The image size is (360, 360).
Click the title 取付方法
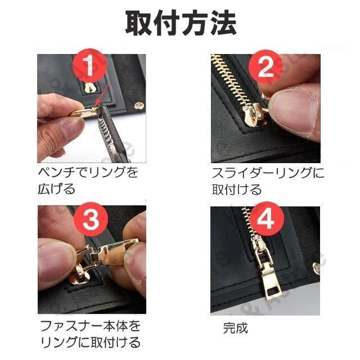(181, 24)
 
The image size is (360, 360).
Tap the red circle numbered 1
(90, 65)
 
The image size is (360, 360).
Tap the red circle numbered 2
(265, 66)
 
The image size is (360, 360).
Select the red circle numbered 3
(91, 219)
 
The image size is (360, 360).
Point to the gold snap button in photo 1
(139, 106)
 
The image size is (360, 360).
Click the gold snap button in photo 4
(317, 268)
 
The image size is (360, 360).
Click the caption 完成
(236, 328)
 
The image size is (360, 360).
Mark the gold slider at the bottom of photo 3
(79, 274)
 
